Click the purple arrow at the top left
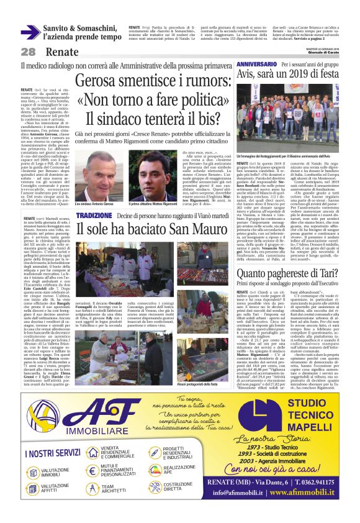point(30,32)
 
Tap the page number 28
point(29,52)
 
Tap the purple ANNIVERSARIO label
point(256,64)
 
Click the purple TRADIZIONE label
point(94,214)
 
